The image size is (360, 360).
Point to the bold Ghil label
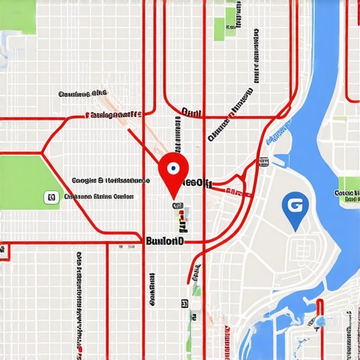click(x=190, y=112)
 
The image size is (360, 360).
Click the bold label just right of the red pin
click(x=198, y=183)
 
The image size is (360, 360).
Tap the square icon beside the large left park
click(x=51, y=198)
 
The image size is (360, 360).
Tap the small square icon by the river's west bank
click(x=263, y=163)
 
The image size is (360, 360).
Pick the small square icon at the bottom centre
click(x=184, y=304)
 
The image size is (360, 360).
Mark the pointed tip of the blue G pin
click(x=295, y=230)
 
